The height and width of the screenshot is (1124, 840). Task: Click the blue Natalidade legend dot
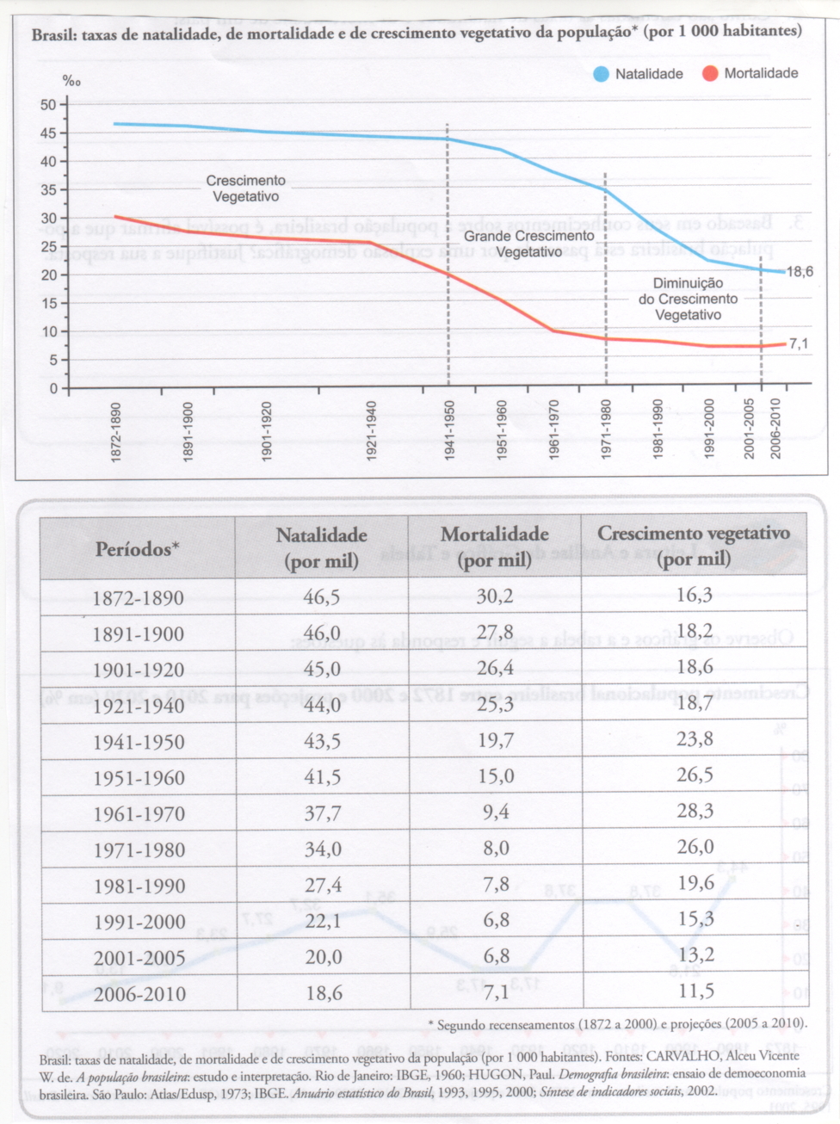(x=602, y=74)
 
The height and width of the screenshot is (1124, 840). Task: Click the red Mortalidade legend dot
(x=710, y=74)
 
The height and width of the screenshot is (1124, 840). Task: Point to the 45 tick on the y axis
(x=48, y=133)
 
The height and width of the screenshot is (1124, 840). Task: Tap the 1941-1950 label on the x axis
(x=449, y=429)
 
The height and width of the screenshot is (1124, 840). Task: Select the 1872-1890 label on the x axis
(x=116, y=431)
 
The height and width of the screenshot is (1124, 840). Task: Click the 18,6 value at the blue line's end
(x=800, y=272)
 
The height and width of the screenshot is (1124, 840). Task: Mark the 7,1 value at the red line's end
(x=799, y=344)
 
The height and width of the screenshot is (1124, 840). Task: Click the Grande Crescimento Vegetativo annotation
(x=528, y=244)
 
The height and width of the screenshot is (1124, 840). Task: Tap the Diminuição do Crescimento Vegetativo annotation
(x=688, y=299)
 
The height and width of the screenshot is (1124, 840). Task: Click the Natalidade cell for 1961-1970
(x=323, y=813)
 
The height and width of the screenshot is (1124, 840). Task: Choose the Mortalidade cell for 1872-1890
(x=495, y=596)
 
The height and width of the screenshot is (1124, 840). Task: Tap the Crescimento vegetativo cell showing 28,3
(x=695, y=812)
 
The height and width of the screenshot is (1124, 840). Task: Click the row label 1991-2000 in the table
(x=139, y=923)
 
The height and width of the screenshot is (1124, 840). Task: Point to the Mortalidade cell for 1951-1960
(x=496, y=776)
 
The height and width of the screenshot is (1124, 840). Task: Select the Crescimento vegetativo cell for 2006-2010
(x=695, y=991)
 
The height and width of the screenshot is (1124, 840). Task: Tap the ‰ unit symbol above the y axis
(x=71, y=81)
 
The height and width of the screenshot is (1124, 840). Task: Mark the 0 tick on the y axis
(x=53, y=388)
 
